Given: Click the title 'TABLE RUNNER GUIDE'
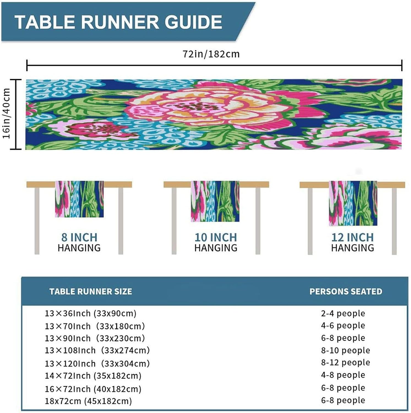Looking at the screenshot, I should [x=118, y=22].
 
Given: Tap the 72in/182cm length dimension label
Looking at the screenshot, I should [x=211, y=54].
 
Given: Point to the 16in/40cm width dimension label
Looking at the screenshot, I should [x=6, y=113].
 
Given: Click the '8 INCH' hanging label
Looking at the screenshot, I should [x=79, y=237].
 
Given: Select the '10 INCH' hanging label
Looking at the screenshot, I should [x=216, y=237].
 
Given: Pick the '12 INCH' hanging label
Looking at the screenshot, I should [x=352, y=237].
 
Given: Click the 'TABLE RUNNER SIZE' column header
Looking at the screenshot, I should [x=91, y=291].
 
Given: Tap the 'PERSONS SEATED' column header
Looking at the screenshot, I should [x=346, y=291].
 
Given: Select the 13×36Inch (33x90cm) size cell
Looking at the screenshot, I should [x=91, y=313].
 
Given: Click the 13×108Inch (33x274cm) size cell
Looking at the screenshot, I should [x=97, y=350].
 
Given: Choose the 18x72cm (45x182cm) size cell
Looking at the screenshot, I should [x=88, y=401].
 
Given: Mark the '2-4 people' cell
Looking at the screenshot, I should [x=343, y=313].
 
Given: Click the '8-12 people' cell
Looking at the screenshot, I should [x=345, y=362].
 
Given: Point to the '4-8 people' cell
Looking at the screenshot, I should [x=343, y=375].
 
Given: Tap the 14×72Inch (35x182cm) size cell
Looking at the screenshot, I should [x=93, y=376].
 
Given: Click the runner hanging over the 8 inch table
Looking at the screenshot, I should [x=79, y=199].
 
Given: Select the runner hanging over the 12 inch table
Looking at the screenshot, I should [x=353, y=203].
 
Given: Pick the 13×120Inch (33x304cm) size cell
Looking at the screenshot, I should [x=97, y=363].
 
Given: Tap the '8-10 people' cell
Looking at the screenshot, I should [x=345, y=350].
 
